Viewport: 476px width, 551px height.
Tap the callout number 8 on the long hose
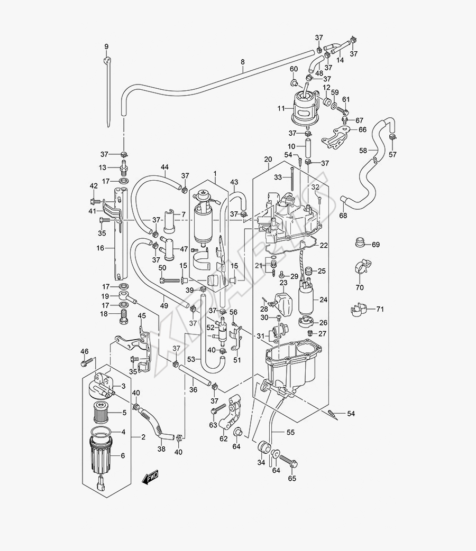pos(243,62)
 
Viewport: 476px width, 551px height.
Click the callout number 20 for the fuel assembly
pos(268,159)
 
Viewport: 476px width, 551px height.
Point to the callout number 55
pos(290,433)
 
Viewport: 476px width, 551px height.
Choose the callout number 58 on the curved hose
pos(363,151)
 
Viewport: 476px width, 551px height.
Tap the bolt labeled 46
pos(84,363)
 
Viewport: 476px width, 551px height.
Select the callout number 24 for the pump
pos(323,300)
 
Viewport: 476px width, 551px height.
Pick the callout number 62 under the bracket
pos(224,438)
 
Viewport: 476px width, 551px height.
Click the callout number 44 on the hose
pos(164,167)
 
